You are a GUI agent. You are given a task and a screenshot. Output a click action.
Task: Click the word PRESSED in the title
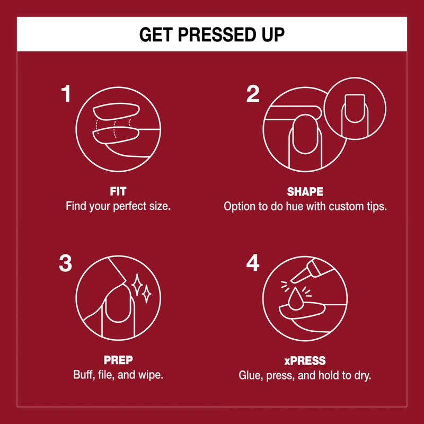pyautogui.click(x=216, y=34)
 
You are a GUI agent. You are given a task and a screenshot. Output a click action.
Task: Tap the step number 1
pyautogui.click(x=66, y=94)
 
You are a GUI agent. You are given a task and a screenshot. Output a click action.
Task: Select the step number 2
pyautogui.click(x=253, y=94)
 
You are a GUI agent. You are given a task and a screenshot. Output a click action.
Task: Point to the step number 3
pyautogui.click(x=65, y=263)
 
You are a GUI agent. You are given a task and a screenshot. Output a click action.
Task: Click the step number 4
pyautogui.click(x=253, y=263)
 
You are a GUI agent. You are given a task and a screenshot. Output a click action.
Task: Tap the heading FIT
pyautogui.click(x=118, y=191)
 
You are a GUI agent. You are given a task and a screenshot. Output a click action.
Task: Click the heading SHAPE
pyautogui.click(x=305, y=192)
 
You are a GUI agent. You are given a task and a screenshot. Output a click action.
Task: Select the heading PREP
pyautogui.click(x=118, y=360)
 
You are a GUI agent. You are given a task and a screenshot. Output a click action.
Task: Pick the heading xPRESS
pyautogui.click(x=305, y=361)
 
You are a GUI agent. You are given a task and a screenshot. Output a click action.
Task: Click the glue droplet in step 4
pyautogui.click(x=295, y=299)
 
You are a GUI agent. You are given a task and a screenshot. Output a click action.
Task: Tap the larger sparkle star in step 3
pyautogui.click(x=137, y=285)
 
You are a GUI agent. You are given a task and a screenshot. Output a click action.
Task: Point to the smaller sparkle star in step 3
pyautogui.click(x=147, y=294)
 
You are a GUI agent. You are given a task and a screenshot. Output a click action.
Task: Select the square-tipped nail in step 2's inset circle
pyautogui.click(x=355, y=108)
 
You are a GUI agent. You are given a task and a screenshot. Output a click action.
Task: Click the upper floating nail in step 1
pyautogui.click(x=116, y=111)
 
